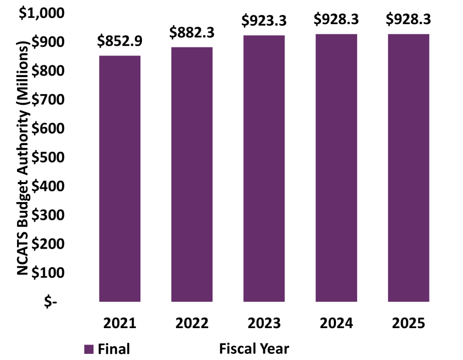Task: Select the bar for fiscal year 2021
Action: [119, 178]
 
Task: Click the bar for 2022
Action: [192, 174]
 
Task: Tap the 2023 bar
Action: [264, 168]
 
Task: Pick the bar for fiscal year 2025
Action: [408, 168]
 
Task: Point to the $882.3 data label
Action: [192, 33]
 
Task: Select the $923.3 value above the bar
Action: [264, 22]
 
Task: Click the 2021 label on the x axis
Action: [119, 323]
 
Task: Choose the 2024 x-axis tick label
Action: [336, 323]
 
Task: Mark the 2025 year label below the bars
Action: [408, 323]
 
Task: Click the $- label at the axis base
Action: [50, 302]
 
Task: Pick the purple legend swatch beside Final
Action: [88, 349]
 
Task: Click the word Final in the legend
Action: [114, 349]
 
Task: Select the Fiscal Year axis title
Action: [254, 348]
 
